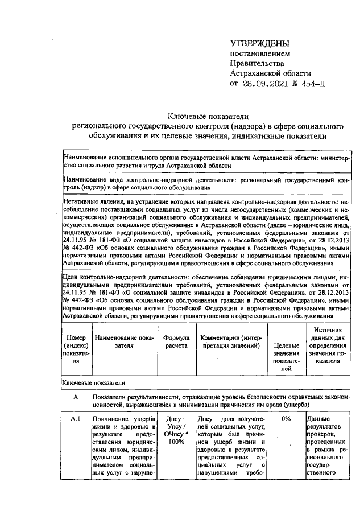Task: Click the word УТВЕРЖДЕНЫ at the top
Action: (259, 43)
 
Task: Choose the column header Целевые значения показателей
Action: (286, 356)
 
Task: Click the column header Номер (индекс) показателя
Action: (76, 349)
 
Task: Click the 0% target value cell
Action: (286, 419)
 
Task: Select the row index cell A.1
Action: (76, 419)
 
